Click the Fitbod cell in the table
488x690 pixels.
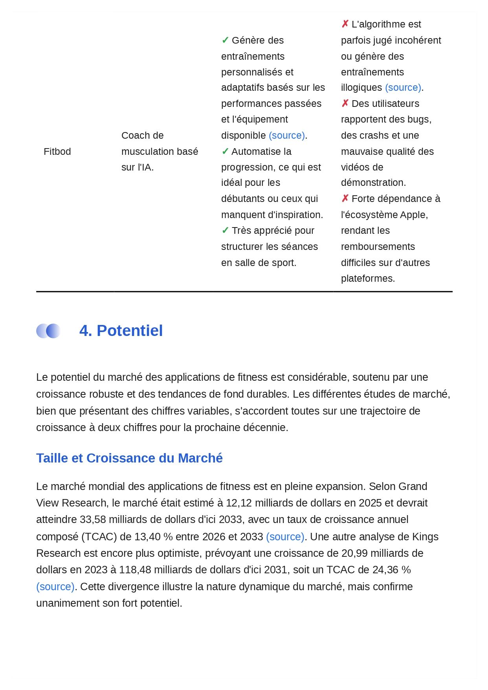[57, 151]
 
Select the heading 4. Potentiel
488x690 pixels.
[121, 330]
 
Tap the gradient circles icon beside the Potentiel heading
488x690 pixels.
[48, 331]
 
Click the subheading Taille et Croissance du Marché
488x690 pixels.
[129, 458]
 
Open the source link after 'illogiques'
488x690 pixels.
[403, 87]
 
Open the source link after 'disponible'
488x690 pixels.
[287, 135]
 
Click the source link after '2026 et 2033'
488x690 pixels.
[285, 536]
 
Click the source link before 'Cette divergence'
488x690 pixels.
[55, 586]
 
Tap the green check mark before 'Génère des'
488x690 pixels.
[225, 40]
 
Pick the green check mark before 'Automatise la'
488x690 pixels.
[225, 151]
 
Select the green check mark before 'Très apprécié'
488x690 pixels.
[225, 230]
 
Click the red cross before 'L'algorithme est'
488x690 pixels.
[345, 24]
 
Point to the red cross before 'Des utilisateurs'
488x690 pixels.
[345, 103]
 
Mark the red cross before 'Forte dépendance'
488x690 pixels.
[345, 198]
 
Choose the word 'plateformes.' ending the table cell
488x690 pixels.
[368, 278]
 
